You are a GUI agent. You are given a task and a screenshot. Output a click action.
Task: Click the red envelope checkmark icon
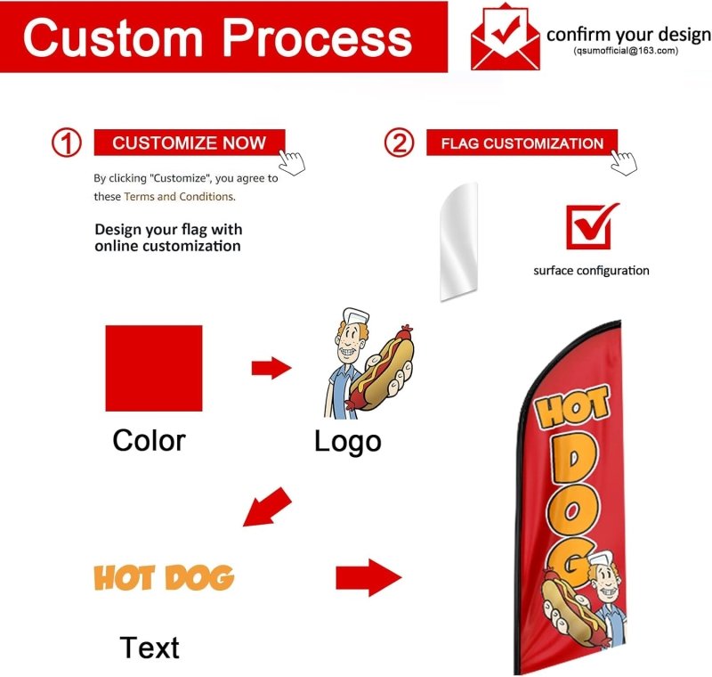pos(506,38)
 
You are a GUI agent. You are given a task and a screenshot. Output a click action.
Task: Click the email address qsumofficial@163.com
pos(626,52)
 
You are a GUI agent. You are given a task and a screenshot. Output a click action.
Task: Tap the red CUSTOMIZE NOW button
pos(189,143)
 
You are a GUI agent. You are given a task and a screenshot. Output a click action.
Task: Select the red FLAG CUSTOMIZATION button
pos(522,143)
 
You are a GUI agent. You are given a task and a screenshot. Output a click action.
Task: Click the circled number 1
pos(66,143)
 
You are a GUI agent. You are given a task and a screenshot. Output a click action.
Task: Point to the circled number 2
pos(400,143)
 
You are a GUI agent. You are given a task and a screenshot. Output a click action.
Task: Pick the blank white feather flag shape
pos(460,241)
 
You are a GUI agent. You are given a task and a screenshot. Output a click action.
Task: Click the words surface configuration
pos(591,271)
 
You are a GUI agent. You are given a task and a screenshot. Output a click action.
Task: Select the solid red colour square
pos(153,368)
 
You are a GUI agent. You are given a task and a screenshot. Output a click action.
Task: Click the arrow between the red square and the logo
pos(271,367)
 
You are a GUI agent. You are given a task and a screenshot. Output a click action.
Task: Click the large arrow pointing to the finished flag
pos(368,578)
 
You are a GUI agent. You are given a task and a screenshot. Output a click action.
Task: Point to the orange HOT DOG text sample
pos(164,578)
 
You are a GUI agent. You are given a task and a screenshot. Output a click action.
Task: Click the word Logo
pos(347,441)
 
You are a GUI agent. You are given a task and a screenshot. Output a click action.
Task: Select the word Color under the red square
pos(149,440)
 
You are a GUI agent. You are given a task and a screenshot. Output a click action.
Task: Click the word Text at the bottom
pos(150,648)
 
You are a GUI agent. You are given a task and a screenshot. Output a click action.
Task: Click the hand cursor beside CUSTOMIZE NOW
pos(293,162)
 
